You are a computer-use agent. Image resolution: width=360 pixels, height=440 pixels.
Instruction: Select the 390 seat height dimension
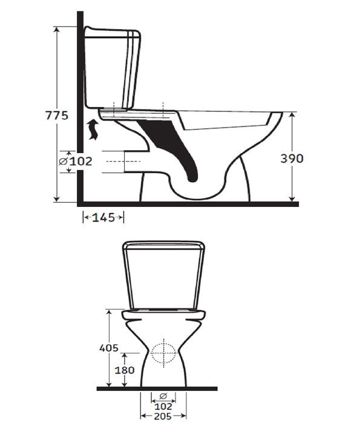pos(292,159)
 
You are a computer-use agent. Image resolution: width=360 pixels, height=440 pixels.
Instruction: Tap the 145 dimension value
pos(104,217)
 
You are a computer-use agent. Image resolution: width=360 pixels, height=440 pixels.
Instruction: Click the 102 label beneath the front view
pos(163,407)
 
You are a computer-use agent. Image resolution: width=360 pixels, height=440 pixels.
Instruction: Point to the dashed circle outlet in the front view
pos(163,352)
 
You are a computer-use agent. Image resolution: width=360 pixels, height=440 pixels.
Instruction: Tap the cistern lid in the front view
pos(163,245)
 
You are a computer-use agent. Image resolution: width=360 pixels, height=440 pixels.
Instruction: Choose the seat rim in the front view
pos(163,315)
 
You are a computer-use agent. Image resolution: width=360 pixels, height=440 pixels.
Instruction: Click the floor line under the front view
pos(157,388)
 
